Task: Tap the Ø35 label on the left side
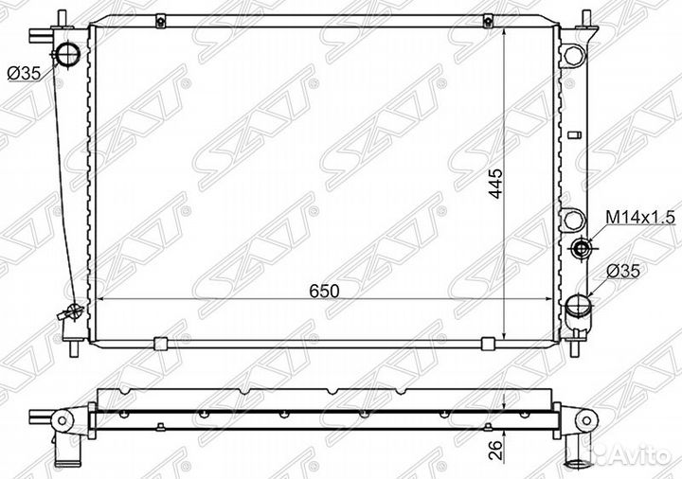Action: pyautogui.click(x=25, y=72)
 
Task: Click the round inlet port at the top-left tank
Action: pyautogui.click(x=68, y=54)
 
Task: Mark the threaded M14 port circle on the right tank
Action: pyautogui.click(x=583, y=249)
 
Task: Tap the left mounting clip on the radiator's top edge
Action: pyautogui.click(x=161, y=20)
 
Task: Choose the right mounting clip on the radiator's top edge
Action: pyautogui.click(x=490, y=20)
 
